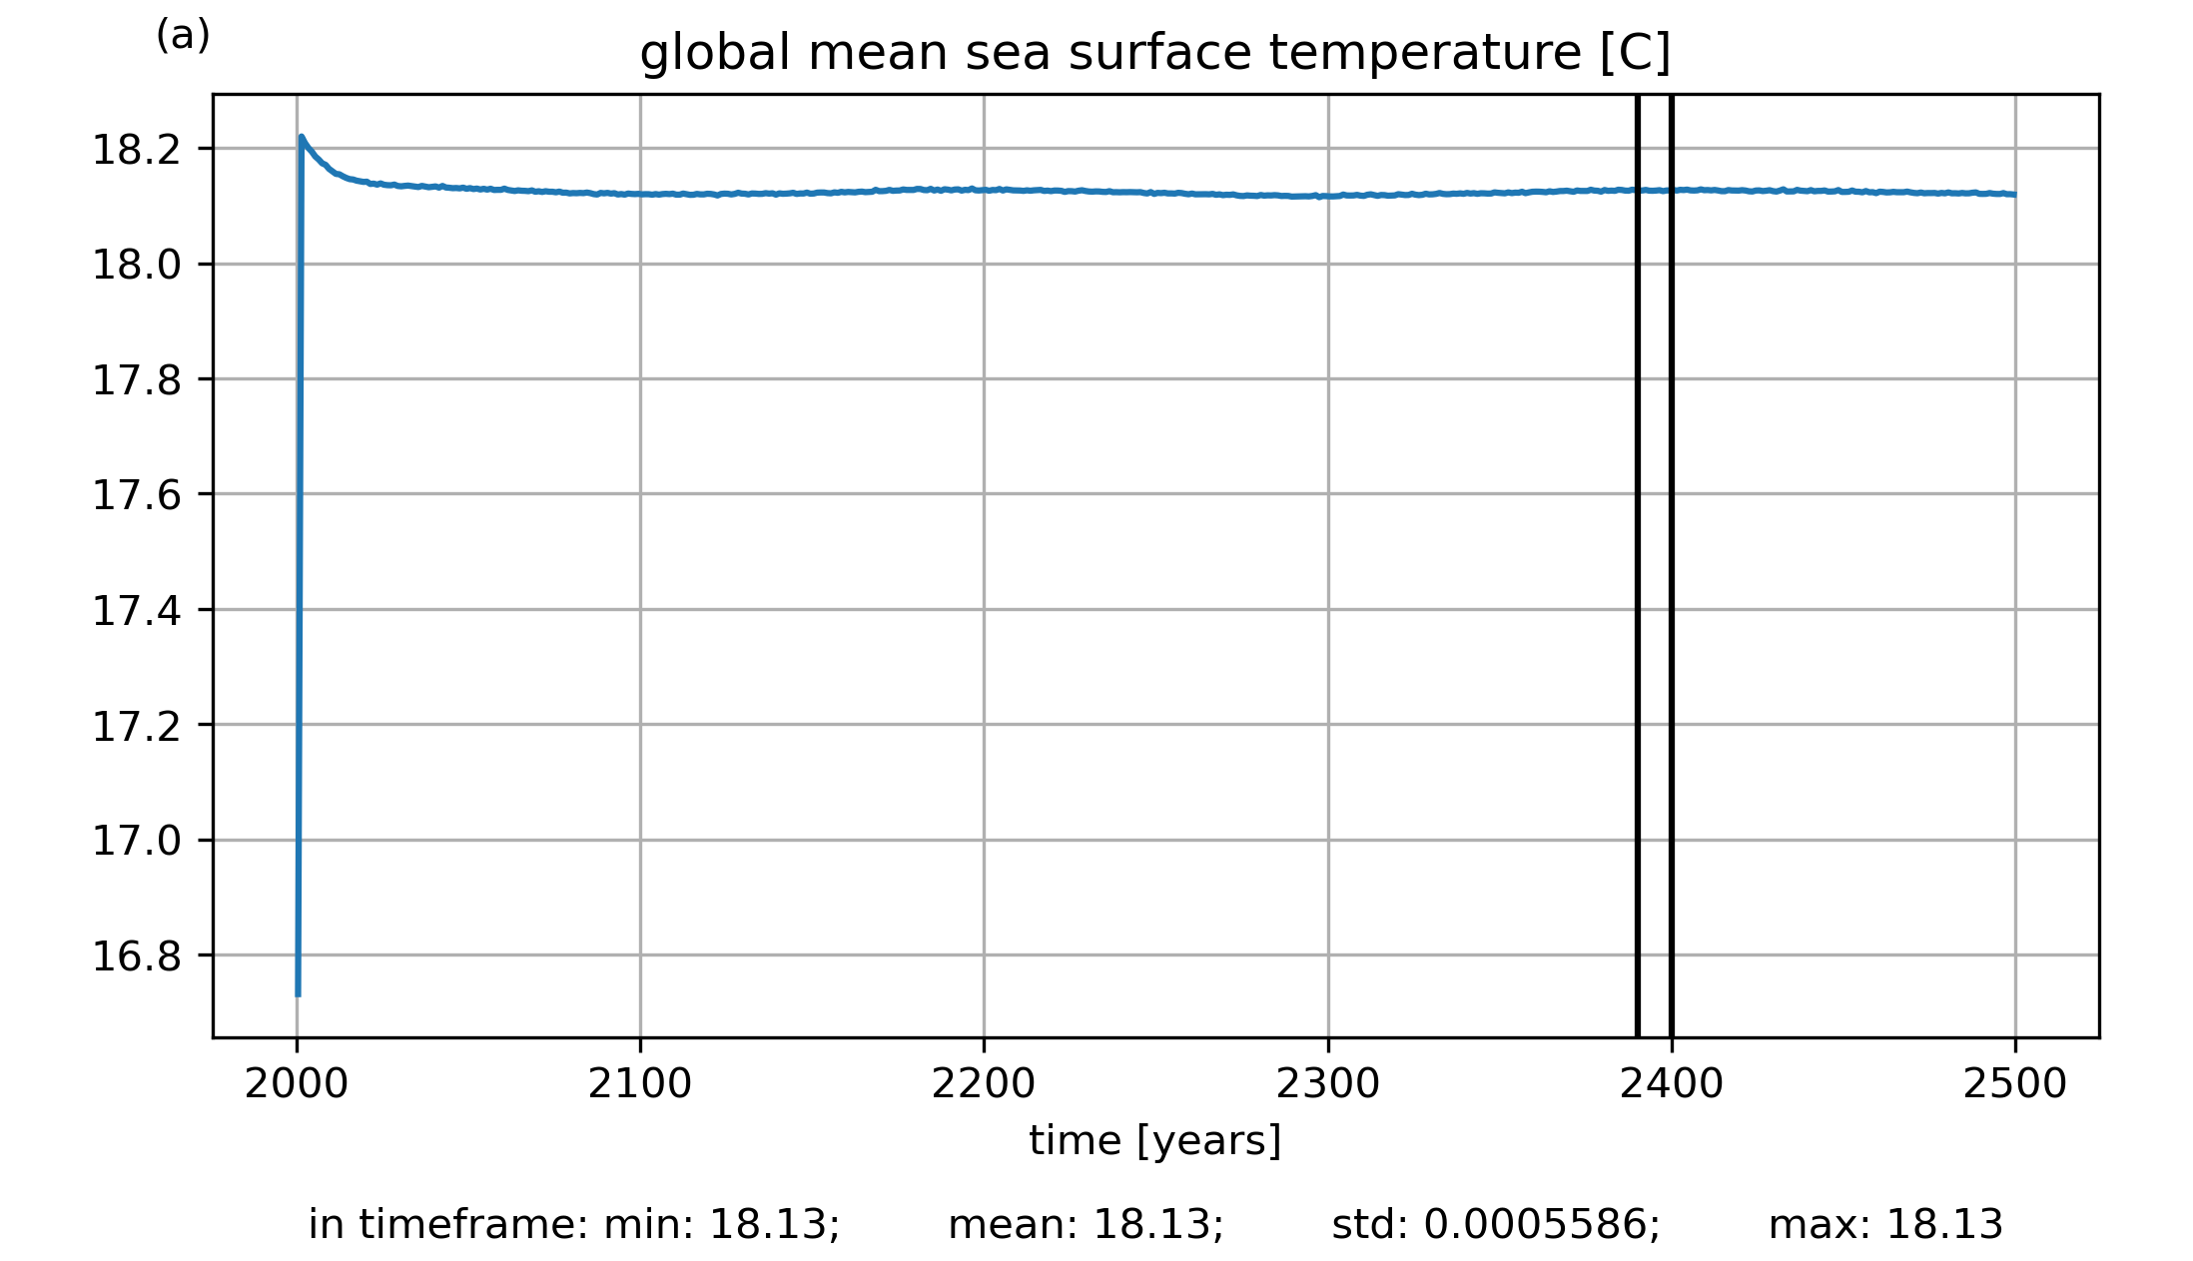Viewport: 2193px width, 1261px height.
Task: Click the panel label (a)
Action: [183, 36]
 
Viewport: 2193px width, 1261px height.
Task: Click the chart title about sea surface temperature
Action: [1154, 53]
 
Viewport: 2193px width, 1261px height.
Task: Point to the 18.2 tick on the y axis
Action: [137, 151]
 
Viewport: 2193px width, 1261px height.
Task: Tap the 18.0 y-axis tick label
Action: [137, 266]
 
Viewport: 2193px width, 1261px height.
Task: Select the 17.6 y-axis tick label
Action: [137, 495]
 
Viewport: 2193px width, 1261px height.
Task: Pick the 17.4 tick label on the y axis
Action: [137, 611]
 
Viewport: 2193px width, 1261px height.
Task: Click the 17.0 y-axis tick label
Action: [137, 841]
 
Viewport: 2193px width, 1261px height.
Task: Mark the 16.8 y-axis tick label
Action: [137, 956]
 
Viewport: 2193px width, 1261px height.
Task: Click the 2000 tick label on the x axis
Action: [297, 1084]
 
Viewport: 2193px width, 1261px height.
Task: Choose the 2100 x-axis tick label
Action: [640, 1084]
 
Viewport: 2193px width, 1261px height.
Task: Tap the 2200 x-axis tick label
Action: [984, 1084]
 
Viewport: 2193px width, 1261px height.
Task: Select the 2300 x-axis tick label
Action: [1328, 1084]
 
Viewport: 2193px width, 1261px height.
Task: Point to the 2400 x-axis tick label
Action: [1672, 1084]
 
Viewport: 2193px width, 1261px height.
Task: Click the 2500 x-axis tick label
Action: [2015, 1084]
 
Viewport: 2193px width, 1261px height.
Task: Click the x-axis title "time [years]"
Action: [1154, 1140]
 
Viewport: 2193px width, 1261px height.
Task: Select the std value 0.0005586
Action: [1541, 1225]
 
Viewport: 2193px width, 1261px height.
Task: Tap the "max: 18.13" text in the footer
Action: [1885, 1225]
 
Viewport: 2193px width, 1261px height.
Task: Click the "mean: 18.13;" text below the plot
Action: [1086, 1225]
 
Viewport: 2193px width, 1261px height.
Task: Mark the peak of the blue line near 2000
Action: [302, 137]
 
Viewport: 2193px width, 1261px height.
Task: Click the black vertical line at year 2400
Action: [1672, 599]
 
